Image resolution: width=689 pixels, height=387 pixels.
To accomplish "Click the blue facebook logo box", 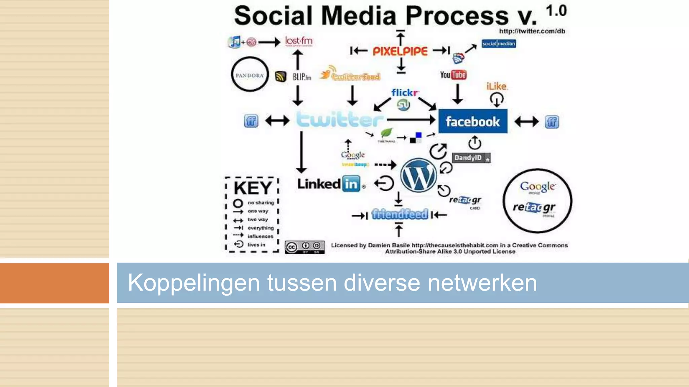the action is coord(473,121).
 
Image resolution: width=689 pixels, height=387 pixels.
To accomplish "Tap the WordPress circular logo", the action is coord(419,175).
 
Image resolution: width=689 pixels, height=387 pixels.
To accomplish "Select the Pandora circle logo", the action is coord(250,75).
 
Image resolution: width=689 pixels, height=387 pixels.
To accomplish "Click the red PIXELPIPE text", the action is coord(400,51).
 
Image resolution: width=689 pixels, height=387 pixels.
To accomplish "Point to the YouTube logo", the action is coord(453,75).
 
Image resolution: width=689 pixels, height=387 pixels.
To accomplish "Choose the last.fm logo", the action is coord(299,41).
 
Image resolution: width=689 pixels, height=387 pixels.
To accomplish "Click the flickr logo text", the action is coord(405,92).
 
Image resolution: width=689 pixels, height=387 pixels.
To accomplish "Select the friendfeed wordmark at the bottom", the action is coord(400,214).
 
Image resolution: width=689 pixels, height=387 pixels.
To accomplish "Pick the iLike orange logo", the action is coord(497,86).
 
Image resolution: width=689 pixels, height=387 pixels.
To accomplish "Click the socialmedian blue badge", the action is coord(499,44).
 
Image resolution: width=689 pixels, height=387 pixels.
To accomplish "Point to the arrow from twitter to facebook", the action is coord(411,120).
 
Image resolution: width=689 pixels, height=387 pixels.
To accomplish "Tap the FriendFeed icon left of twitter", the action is coord(251,121).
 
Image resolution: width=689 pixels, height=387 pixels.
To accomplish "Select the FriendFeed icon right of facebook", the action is coord(552,122).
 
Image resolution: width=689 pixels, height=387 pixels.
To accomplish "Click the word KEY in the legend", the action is coord(253,188).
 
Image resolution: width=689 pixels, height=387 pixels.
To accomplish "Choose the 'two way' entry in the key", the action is coord(258,220).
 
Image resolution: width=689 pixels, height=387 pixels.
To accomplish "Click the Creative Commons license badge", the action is coord(305,247).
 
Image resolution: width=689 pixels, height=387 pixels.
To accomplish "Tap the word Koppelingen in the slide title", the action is coord(193,283).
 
